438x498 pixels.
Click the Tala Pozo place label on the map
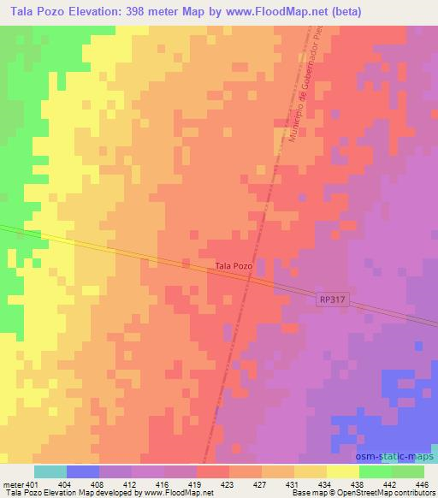point(234,266)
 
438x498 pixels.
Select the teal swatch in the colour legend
point(50,471)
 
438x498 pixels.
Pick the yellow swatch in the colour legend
point(343,471)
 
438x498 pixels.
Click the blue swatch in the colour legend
point(83,471)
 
